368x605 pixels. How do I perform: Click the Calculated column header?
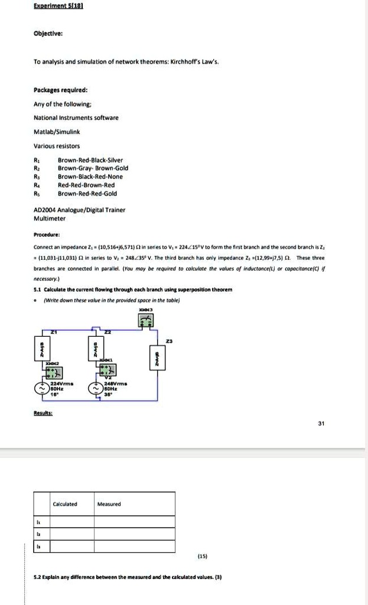[x=65, y=504]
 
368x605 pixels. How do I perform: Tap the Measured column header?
[x=109, y=504]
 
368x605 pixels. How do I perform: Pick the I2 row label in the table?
[x=40, y=534]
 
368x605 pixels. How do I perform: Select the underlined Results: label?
[x=43, y=414]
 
